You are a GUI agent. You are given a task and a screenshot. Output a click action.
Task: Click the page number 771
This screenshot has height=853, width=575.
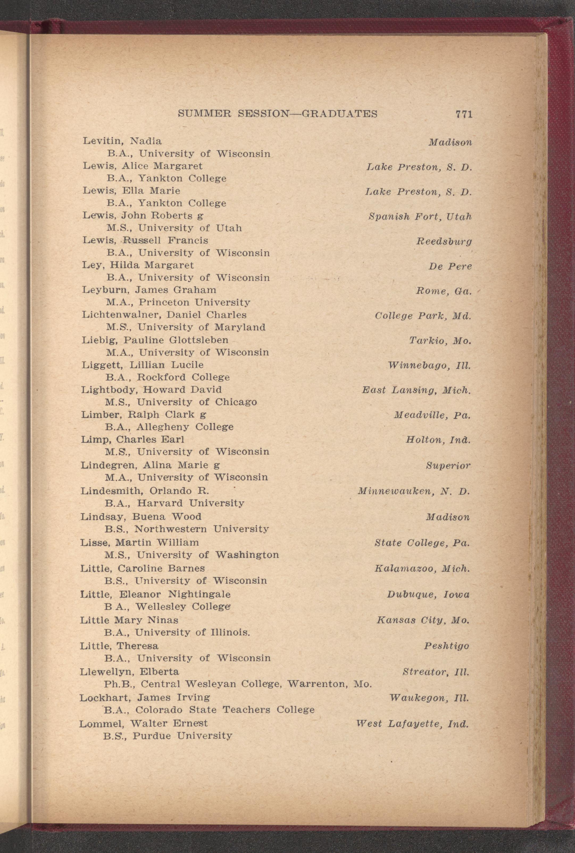(x=464, y=114)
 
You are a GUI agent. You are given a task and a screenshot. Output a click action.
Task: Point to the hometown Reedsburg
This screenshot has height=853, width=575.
(x=444, y=241)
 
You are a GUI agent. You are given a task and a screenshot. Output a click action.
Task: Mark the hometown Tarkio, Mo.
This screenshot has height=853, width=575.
(x=440, y=341)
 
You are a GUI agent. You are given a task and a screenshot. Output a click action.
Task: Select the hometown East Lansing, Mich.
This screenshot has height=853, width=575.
(x=416, y=390)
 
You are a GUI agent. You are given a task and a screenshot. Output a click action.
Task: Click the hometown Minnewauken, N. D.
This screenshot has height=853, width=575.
(x=414, y=491)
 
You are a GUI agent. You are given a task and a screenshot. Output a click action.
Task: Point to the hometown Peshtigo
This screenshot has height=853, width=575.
(x=446, y=646)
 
